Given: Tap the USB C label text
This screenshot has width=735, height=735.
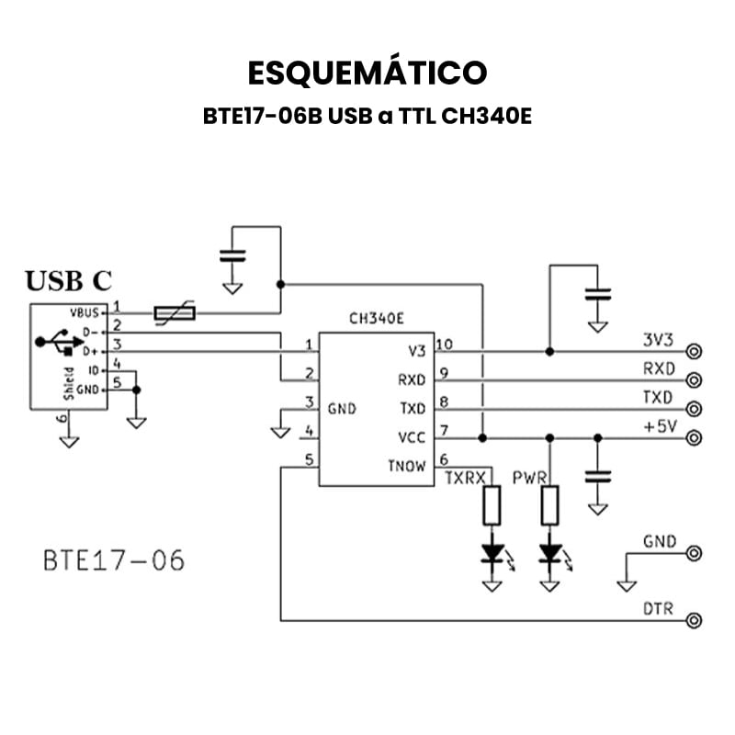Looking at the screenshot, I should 69,281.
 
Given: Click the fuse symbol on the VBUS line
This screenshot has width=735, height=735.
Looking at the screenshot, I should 175,314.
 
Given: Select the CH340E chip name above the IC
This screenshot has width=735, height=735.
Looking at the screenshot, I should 377,320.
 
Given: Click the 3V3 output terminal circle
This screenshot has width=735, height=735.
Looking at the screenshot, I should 695,351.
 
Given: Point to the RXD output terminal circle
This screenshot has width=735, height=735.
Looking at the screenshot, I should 695,379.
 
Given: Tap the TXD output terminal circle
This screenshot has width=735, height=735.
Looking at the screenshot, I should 695,408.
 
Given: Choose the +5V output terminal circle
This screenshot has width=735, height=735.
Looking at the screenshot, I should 695,437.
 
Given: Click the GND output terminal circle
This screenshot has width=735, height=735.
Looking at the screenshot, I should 695,553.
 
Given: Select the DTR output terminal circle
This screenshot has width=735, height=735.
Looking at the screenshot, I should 695,620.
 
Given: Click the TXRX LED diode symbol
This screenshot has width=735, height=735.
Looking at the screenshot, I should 493,554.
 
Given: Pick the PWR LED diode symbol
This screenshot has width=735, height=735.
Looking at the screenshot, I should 550,554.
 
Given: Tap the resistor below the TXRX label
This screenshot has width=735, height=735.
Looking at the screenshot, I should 493,505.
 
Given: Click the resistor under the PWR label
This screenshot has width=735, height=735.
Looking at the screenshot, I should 550,505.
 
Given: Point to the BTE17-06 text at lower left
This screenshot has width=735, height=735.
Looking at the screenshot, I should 114,560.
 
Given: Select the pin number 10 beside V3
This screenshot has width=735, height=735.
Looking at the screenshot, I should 445,345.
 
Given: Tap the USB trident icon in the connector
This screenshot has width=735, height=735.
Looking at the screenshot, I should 56,342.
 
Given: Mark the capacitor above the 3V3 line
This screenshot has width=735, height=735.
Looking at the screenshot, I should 598,296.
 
